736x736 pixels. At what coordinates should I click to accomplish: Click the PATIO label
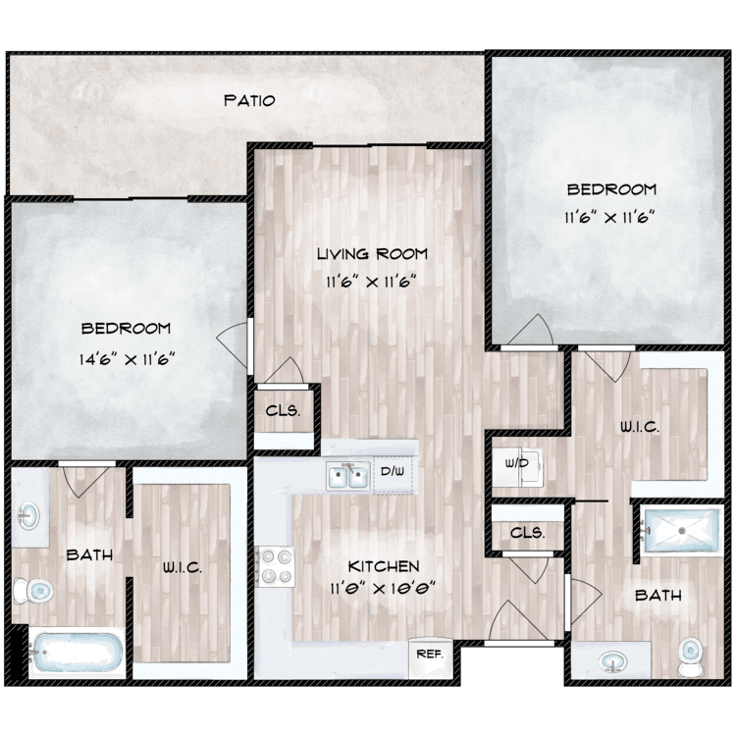(x=249, y=100)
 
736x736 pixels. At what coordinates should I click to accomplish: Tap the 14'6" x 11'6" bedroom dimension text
(x=127, y=359)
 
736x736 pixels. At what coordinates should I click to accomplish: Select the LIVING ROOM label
(x=372, y=254)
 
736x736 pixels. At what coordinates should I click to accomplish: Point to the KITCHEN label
(x=384, y=566)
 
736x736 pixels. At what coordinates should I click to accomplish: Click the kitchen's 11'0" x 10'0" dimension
(x=384, y=588)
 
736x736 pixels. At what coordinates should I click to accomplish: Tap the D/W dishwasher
(x=393, y=472)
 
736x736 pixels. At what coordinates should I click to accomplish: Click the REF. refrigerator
(x=431, y=657)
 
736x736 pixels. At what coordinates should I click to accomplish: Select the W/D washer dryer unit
(x=517, y=465)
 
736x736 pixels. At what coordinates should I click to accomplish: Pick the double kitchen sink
(x=347, y=476)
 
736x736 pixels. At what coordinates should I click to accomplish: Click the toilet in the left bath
(x=32, y=591)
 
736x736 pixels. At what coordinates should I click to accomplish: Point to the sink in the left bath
(x=29, y=516)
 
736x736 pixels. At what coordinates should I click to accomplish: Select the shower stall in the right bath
(x=682, y=530)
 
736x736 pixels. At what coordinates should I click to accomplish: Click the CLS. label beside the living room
(x=283, y=411)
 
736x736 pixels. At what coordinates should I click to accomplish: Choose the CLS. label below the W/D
(x=528, y=533)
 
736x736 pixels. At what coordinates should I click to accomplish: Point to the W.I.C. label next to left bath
(x=183, y=567)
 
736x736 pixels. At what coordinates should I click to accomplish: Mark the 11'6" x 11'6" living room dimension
(x=372, y=282)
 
